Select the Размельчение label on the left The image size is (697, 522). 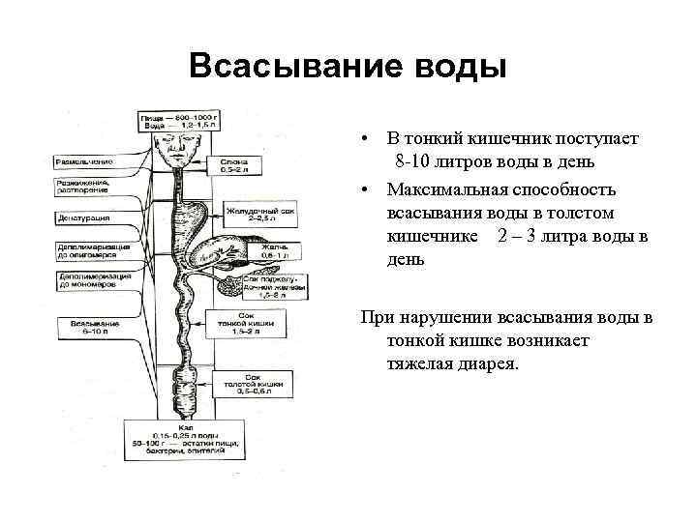[84, 160]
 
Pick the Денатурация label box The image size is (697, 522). [84, 218]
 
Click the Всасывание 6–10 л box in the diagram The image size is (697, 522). [86, 326]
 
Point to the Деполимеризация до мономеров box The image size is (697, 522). [88, 280]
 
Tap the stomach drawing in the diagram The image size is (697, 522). [199, 218]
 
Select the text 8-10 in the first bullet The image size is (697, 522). [415, 159]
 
